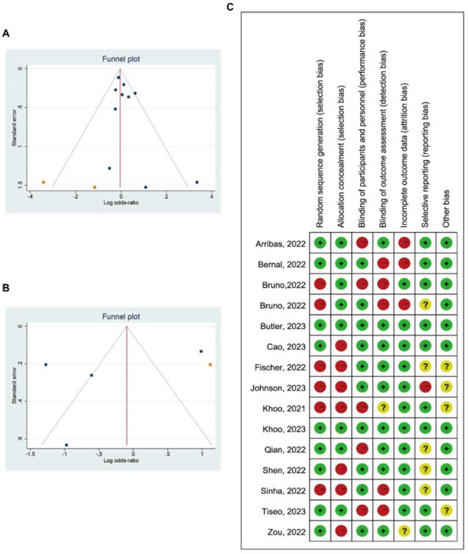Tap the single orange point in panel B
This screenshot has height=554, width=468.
tap(210, 365)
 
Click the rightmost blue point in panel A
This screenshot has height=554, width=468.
tap(197, 182)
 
